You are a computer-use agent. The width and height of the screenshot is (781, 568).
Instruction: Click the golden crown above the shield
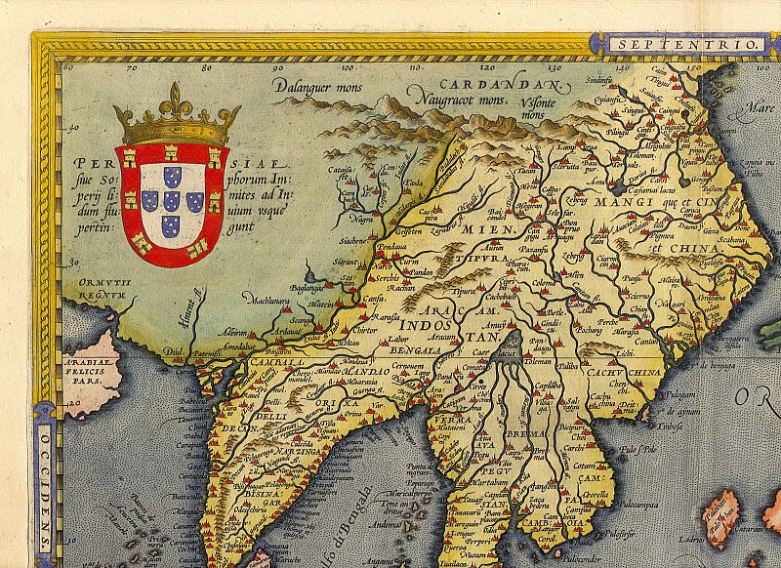(x=163, y=115)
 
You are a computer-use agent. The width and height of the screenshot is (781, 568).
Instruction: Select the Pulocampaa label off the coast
(x=645, y=508)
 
